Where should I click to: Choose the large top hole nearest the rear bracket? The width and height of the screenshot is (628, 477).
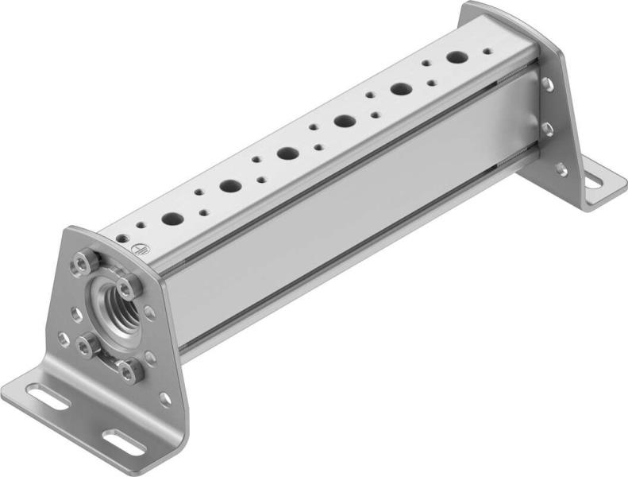click(x=457, y=57)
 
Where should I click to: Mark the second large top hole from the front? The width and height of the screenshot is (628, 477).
click(x=230, y=186)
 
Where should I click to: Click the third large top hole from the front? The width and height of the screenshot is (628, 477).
click(x=287, y=153)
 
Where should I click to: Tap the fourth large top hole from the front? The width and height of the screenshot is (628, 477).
click(x=345, y=121)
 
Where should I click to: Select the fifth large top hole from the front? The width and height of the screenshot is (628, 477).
click(x=400, y=89)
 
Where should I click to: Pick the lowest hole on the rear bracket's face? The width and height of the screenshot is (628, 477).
click(x=561, y=169)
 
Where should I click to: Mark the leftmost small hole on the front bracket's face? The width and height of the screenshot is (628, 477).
click(x=63, y=339)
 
